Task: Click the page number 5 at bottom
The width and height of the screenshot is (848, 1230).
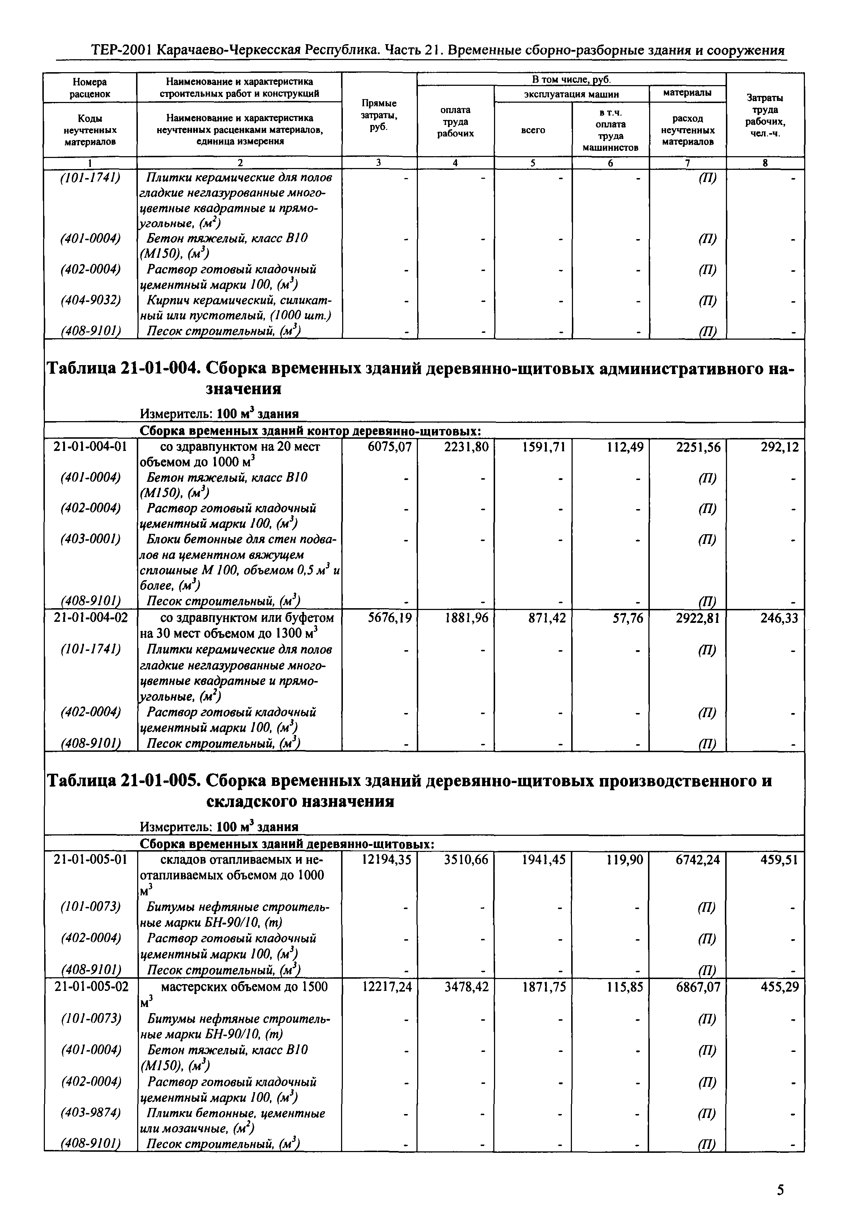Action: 780,1190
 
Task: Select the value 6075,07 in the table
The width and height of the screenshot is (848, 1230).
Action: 390,447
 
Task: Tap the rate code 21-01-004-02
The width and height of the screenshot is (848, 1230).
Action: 90,618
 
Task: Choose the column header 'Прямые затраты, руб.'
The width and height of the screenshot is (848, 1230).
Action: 379,115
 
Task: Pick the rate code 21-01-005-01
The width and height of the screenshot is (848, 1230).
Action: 90,860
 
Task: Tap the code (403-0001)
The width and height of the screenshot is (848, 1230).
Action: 90,539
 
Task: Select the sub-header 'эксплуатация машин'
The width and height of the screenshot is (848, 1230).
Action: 571,94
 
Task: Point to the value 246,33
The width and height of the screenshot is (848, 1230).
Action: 779,618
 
